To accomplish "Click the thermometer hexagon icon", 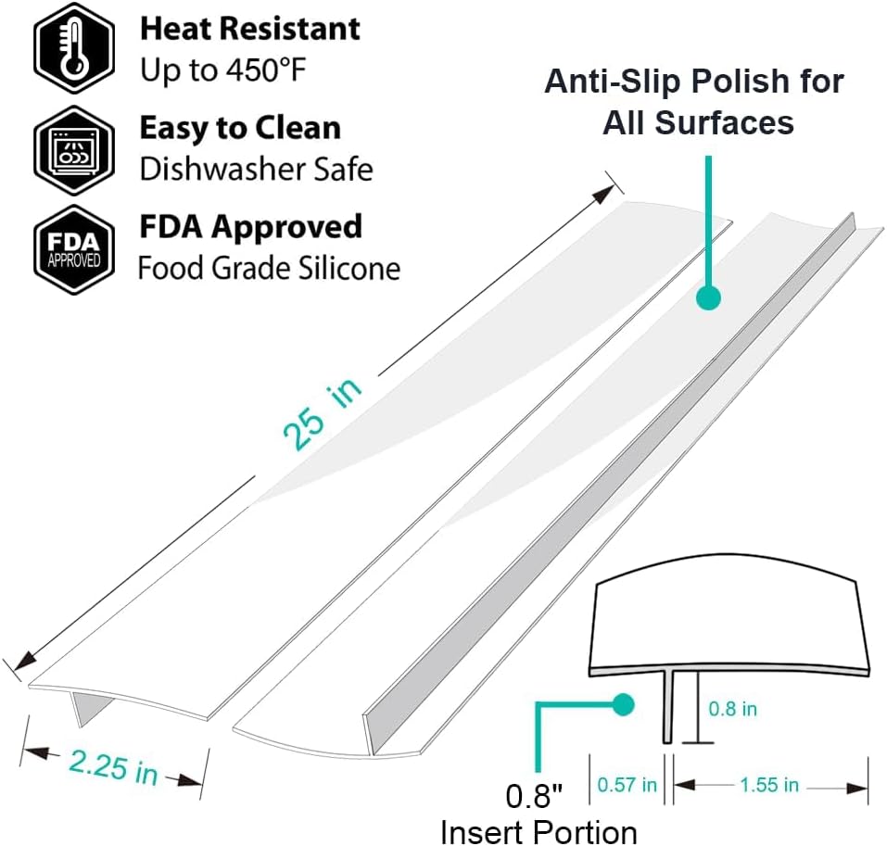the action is pos(74,47).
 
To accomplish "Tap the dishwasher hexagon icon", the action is pos(74,150).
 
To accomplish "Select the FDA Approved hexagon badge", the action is pos(74,249).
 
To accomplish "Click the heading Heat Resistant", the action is pos(249,29).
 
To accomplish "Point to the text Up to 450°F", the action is pos(222,70).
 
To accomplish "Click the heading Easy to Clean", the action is pos(240,127).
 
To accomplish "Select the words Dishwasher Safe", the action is pos(256,169).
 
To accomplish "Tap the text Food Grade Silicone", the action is pos(270,268).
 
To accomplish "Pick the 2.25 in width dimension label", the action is pos(113,767).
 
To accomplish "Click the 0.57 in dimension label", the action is pos(627,785).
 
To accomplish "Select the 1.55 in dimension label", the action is pos(769,785).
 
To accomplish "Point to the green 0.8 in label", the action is pos(732,709).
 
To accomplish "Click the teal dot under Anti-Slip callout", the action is pos(708,297).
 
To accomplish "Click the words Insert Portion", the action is pos(539,831).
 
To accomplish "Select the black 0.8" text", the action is pos(534,796).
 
